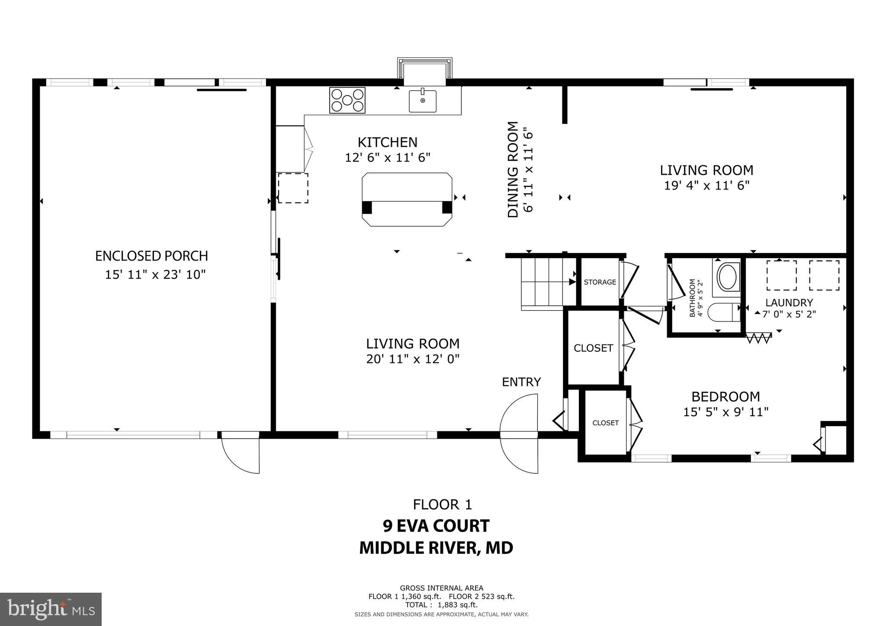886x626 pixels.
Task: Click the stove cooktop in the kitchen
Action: (347, 100)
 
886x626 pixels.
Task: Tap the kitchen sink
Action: (423, 101)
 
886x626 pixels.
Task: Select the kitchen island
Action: (407, 199)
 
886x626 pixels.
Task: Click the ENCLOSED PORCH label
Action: (151, 256)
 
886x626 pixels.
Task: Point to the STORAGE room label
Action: (600, 282)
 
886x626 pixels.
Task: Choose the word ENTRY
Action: (521, 382)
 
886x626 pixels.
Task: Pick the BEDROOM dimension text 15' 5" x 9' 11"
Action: (725, 412)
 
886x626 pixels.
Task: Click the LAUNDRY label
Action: (789, 303)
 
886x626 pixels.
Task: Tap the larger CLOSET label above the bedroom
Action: (593, 348)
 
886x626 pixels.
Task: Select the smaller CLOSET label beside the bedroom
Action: (605, 423)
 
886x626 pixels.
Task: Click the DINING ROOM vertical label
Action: (513, 170)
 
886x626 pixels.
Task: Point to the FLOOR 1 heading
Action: (442, 504)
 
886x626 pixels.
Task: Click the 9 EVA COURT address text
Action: (436, 526)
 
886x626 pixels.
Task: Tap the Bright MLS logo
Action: (51, 609)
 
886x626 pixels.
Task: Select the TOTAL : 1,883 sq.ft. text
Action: (441, 605)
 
